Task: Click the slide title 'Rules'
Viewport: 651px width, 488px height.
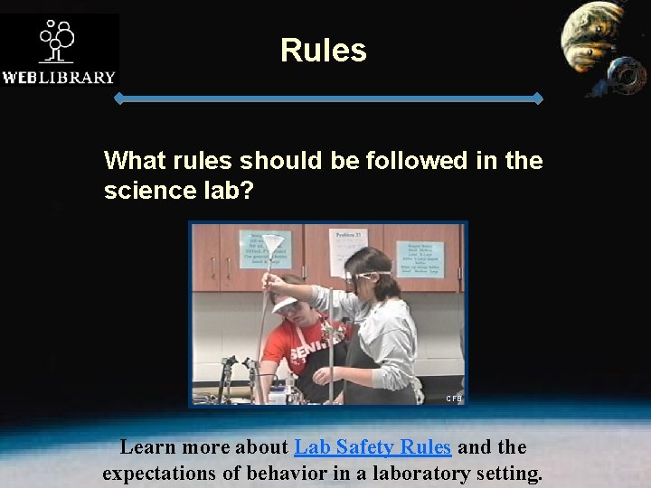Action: pyautogui.click(x=323, y=50)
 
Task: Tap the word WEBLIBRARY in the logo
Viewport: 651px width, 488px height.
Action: pyautogui.click(x=59, y=77)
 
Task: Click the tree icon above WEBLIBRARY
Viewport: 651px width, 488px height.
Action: pyautogui.click(x=57, y=40)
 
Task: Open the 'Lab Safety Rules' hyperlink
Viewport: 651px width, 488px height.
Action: pyautogui.click(x=373, y=446)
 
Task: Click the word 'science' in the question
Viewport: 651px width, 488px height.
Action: pyautogui.click(x=151, y=192)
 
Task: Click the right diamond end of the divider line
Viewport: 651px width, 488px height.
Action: pyautogui.click(x=538, y=98)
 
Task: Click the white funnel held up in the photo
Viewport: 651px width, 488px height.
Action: pyautogui.click(x=272, y=244)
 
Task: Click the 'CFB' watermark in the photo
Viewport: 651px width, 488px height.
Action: pyautogui.click(x=453, y=398)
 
